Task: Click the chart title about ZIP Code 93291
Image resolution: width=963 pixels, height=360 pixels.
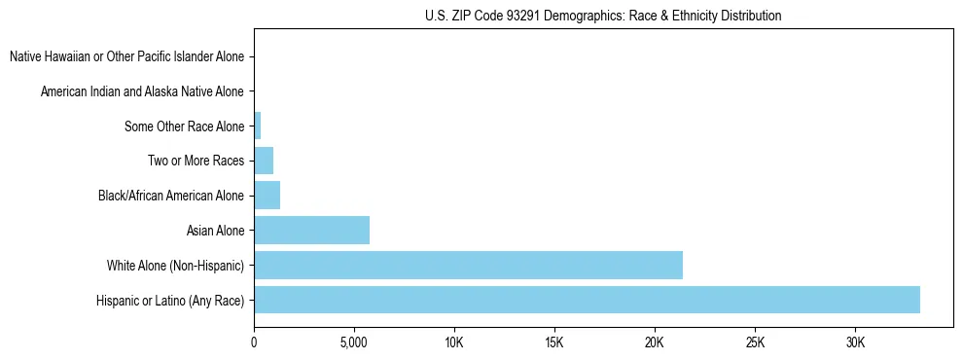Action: click(x=603, y=16)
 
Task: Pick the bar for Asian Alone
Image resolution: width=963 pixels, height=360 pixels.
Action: click(x=311, y=231)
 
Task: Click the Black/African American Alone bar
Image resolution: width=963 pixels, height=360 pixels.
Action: click(x=267, y=196)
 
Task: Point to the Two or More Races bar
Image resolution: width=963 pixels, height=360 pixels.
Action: click(x=264, y=161)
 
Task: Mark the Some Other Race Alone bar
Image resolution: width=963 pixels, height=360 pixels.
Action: click(x=258, y=126)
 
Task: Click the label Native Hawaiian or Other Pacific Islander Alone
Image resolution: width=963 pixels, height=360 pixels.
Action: click(x=126, y=56)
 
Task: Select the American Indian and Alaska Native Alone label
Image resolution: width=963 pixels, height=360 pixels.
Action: click(x=142, y=91)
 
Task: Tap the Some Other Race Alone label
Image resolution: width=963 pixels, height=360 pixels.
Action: click(x=185, y=126)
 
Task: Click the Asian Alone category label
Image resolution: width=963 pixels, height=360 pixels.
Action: click(x=215, y=231)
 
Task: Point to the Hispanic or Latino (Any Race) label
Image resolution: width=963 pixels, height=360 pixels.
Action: click(x=170, y=300)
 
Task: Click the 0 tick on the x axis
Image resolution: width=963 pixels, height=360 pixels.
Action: click(x=254, y=342)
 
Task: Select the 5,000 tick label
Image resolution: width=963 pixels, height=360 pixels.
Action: click(x=354, y=342)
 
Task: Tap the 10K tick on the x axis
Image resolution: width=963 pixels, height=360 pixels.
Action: click(x=454, y=342)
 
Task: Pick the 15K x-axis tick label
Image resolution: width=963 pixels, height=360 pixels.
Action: click(x=554, y=342)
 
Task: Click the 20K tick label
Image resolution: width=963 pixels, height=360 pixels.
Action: click(x=655, y=342)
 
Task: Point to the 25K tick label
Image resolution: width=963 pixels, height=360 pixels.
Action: click(x=755, y=342)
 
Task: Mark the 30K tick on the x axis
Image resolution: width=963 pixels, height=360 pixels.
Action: click(x=855, y=342)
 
